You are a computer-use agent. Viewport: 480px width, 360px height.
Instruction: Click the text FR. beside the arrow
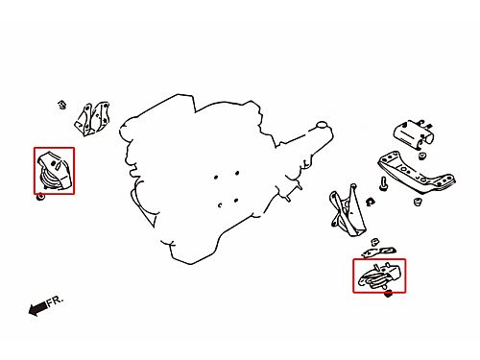pos(55,301)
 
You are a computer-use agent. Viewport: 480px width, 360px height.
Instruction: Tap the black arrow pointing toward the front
pos(38,309)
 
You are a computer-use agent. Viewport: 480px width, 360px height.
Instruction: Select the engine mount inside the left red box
pos(54,172)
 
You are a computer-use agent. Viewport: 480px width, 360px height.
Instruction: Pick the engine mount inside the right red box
pos(379,276)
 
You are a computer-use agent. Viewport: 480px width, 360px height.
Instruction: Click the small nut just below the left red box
pos(40,197)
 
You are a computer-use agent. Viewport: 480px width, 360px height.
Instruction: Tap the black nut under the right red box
pos(388,294)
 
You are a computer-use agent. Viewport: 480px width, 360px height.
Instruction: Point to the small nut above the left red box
pos(62,105)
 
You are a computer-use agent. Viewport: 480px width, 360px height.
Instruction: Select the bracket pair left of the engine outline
pos(92,119)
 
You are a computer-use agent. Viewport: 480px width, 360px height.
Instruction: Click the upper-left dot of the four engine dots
pos(216,177)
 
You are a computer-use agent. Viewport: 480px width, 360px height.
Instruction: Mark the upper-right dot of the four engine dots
pos(237,173)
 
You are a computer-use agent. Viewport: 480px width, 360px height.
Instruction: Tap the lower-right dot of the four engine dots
pos(236,201)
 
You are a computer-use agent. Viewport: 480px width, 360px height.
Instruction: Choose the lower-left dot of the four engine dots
pos(220,205)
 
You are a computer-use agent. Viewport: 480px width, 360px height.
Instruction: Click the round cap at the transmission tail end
pos(322,125)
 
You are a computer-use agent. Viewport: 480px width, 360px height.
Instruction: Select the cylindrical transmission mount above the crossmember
pos(414,134)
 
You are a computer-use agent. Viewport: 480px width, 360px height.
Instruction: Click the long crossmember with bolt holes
pos(417,174)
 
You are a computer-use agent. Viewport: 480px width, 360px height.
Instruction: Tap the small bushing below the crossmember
pos(417,202)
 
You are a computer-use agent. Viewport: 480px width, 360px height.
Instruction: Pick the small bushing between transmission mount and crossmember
pos(422,156)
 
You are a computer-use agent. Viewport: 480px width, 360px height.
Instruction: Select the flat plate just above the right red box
pos(379,252)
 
